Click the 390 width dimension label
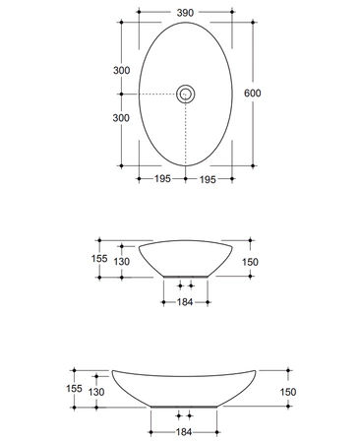[x=185, y=13]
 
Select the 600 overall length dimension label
[x=253, y=94]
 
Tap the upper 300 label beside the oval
[x=121, y=70]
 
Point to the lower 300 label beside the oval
[x=121, y=118]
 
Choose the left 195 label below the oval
[x=162, y=179]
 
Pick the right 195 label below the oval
[x=208, y=179]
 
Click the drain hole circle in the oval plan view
[x=186, y=95]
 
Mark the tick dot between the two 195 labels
[x=186, y=179]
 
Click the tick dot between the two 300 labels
[x=121, y=95]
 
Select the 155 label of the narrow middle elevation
[x=99, y=259]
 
